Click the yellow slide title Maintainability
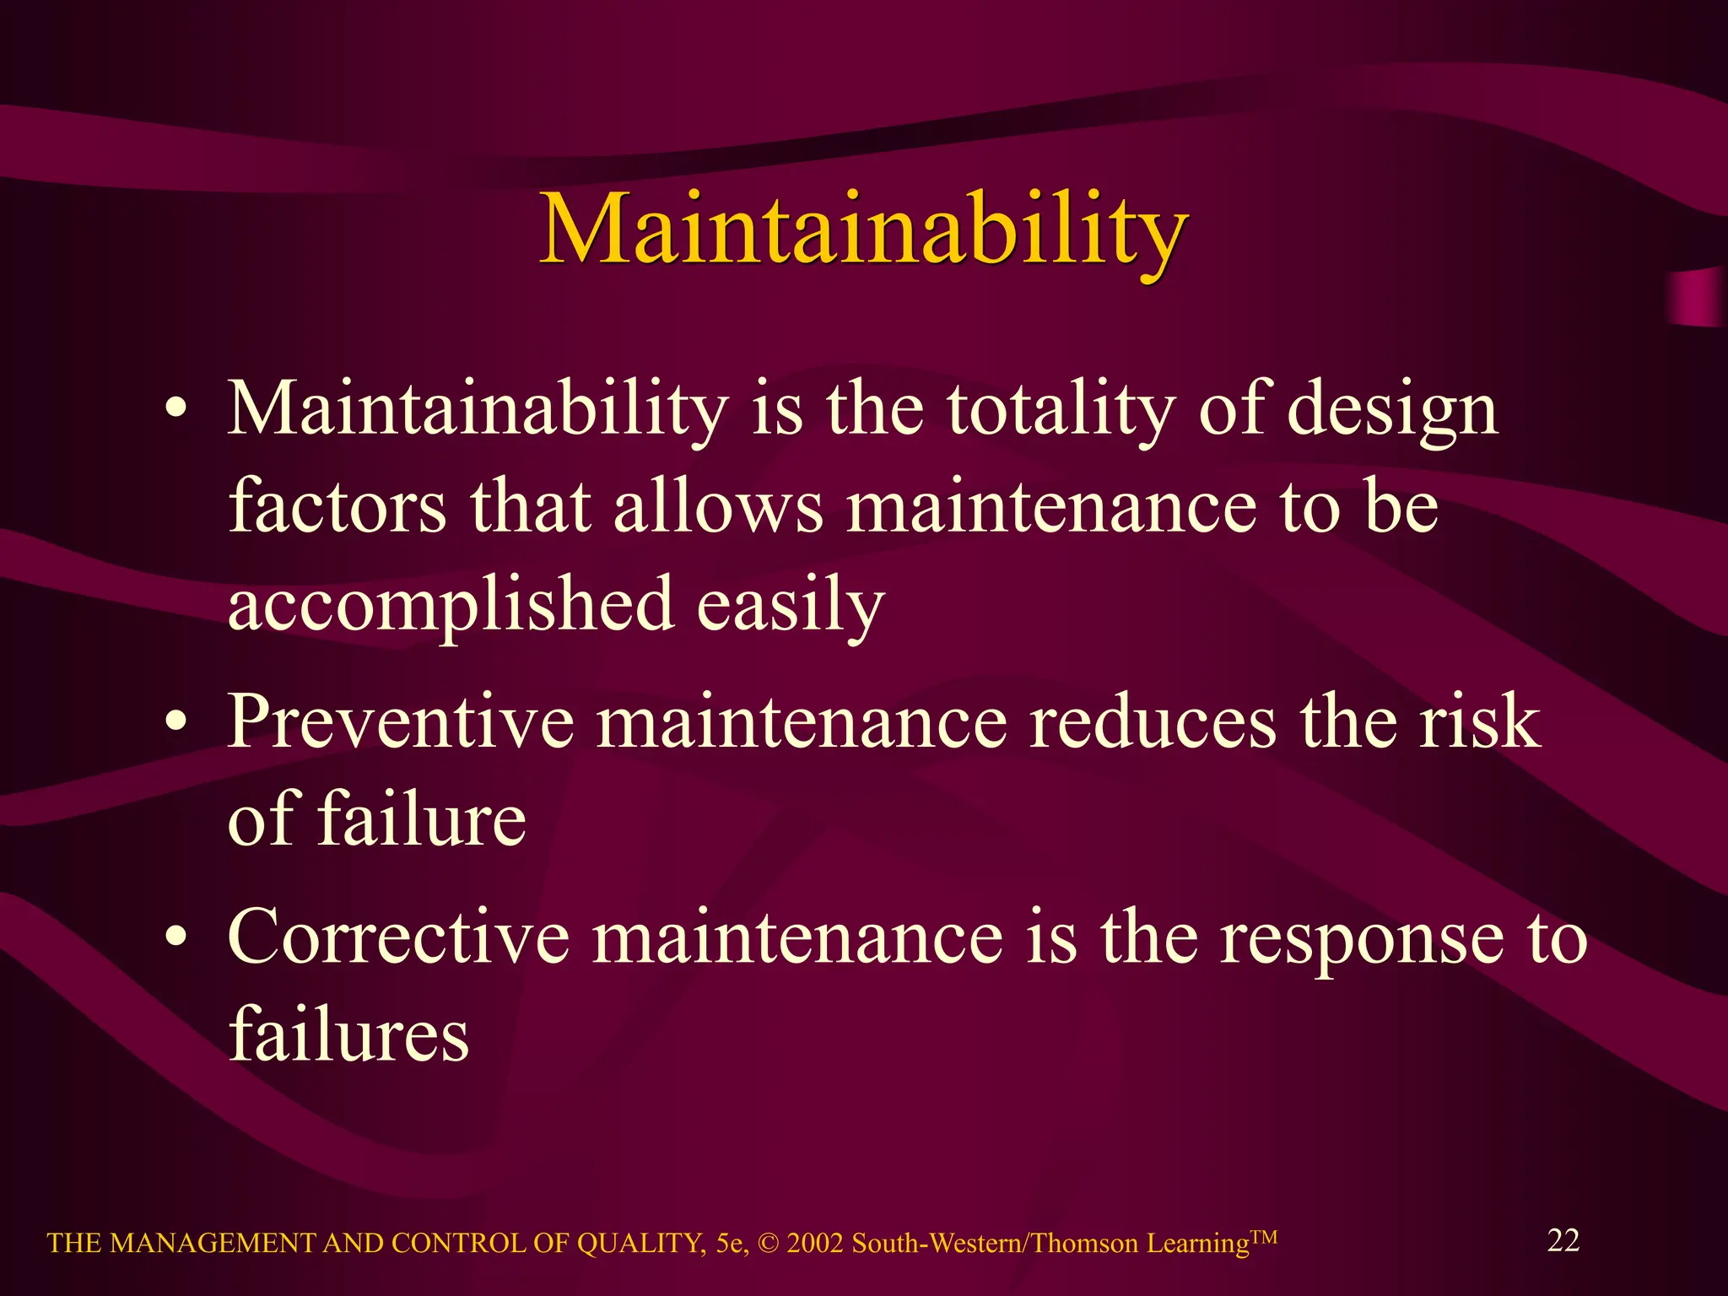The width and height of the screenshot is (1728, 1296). [x=863, y=229]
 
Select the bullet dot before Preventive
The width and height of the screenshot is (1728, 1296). [x=175, y=722]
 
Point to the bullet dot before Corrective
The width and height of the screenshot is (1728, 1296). [x=175, y=937]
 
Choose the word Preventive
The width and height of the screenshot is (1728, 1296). [x=401, y=722]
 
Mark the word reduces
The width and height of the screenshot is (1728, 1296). [x=1153, y=722]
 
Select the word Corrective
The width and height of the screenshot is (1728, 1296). [x=399, y=937]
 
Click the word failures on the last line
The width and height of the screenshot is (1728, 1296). [x=348, y=1034]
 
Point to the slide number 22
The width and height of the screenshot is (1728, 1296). [x=1563, y=1240]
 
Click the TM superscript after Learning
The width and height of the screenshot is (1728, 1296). [x=1263, y=1237]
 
